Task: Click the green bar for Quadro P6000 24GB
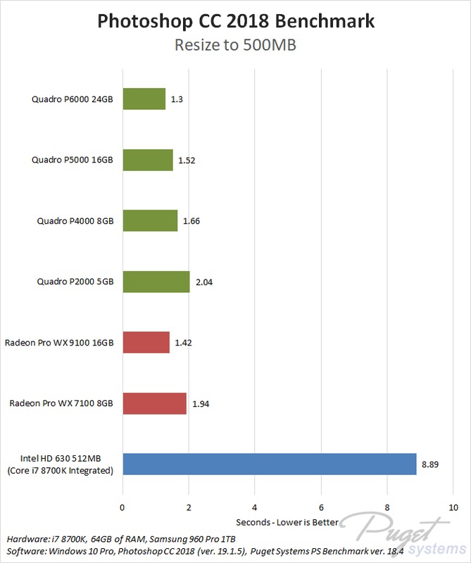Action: [144, 99]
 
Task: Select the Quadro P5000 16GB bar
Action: [148, 160]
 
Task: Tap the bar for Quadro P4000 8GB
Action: [150, 221]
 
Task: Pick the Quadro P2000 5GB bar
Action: [156, 281]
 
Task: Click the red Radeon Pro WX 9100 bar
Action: [146, 343]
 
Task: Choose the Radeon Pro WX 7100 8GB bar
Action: [154, 403]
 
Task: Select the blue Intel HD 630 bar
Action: [270, 464]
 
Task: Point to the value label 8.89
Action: [431, 465]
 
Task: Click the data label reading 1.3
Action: [177, 99]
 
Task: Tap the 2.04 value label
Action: [203, 282]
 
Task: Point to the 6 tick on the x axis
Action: [321, 507]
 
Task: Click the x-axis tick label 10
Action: [453, 507]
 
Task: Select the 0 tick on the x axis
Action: [123, 507]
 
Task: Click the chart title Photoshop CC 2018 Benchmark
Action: [235, 21]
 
